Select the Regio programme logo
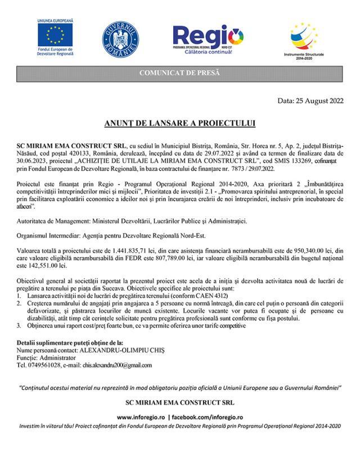pyautogui.click(x=208, y=38)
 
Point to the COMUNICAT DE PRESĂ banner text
pyautogui.click(x=179, y=74)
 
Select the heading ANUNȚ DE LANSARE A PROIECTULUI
pyautogui.click(x=179, y=123)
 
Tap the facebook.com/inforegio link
pyautogui.click(x=207, y=418)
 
